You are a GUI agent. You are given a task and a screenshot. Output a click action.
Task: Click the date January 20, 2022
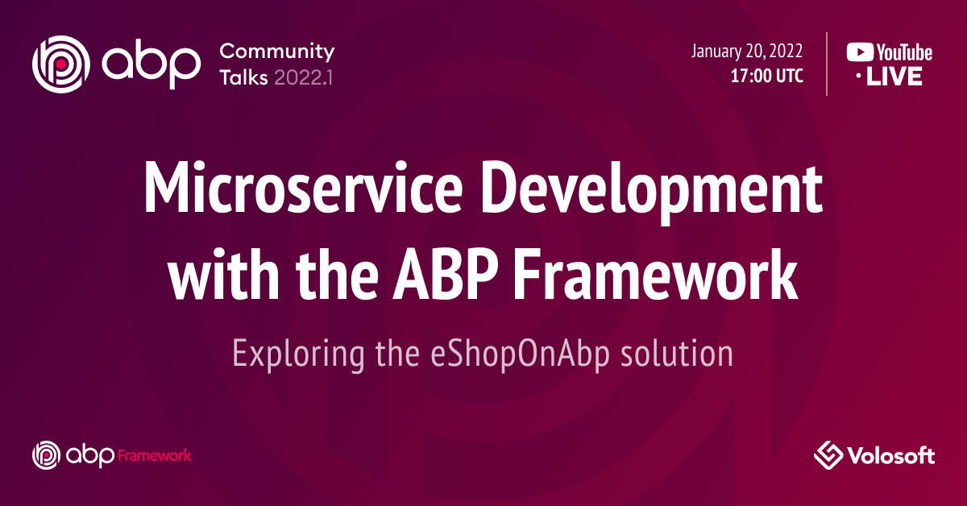point(746,52)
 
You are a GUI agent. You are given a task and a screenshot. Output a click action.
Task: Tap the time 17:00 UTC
point(766,77)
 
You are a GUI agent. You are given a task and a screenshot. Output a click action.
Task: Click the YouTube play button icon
point(859,53)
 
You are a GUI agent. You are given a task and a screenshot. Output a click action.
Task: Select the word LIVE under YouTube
point(895,77)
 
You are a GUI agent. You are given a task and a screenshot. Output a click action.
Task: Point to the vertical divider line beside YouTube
point(828,64)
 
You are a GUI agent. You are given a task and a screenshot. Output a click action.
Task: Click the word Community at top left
point(276,52)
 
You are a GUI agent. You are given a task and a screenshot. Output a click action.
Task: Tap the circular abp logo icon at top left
point(58,63)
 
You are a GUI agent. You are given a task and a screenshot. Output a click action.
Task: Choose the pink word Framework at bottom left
point(155,455)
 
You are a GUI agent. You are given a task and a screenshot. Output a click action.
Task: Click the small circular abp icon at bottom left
point(45,455)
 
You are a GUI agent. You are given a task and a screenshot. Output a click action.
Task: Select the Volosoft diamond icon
point(828,455)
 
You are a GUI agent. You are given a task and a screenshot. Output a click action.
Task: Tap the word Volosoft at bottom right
point(890,456)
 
